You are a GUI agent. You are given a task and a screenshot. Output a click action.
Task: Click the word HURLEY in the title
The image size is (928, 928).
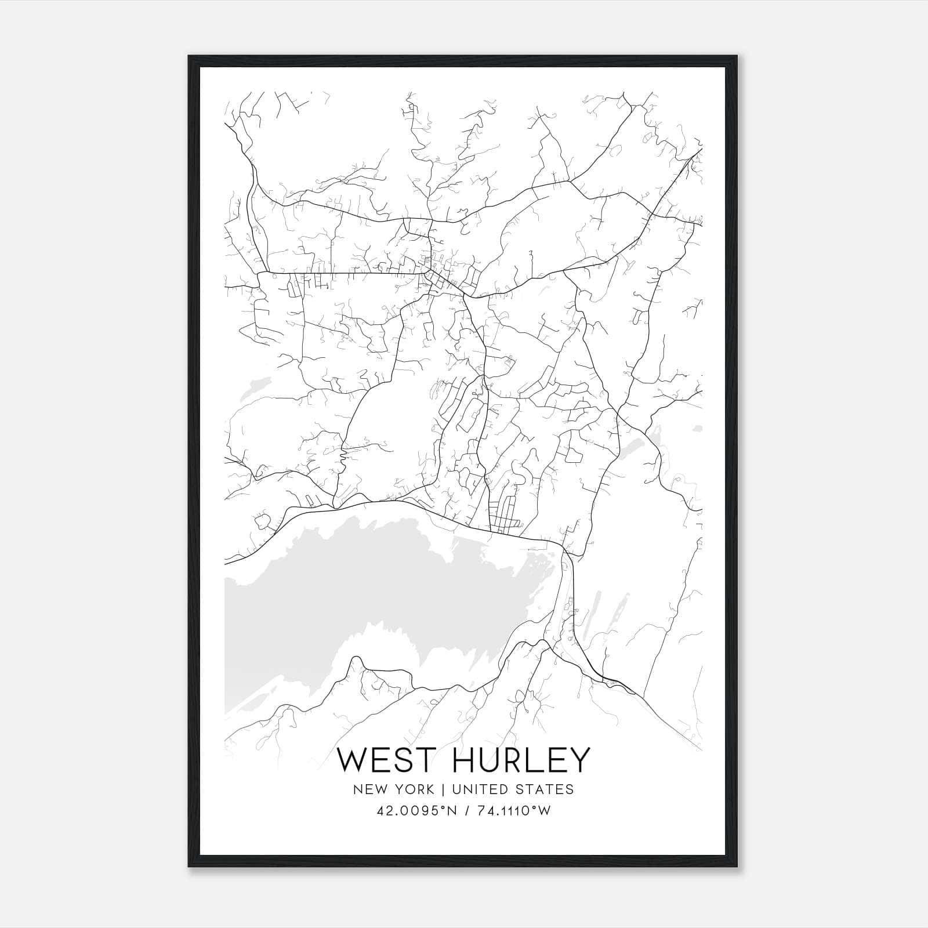pyautogui.click(x=521, y=760)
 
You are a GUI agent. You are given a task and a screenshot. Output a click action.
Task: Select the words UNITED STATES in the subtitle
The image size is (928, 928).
pyautogui.click(x=512, y=789)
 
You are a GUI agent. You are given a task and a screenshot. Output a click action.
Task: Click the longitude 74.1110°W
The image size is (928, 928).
pyautogui.click(x=514, y=811)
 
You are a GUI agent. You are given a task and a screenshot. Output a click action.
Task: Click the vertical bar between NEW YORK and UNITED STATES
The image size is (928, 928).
pyautogui.click(x=443, y=789)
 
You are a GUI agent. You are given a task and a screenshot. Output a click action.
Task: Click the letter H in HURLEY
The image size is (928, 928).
pyautogui.click(x=463, y=760)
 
